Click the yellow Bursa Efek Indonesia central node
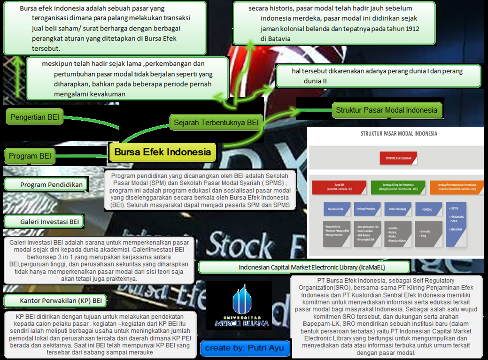pyautogui.click(x=163, y=152)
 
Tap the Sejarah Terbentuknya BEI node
pyautogui.click(x=216, y=123)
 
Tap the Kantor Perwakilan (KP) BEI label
pyautogui.click(x=55, y=300)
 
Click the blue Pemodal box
pyautogui.click(x=428, y=209)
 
